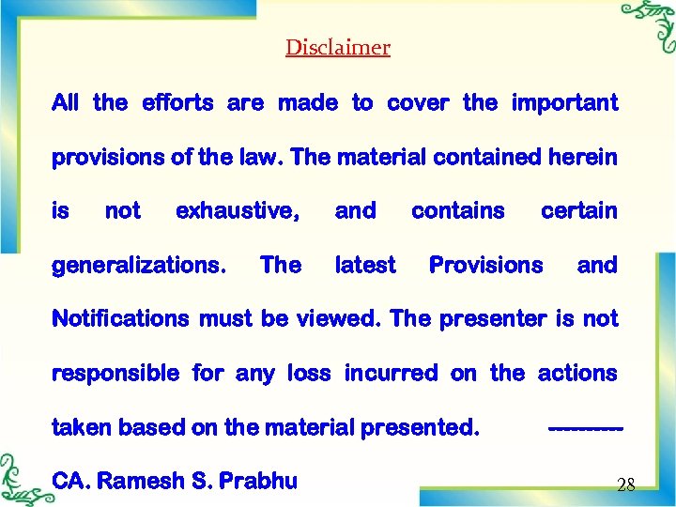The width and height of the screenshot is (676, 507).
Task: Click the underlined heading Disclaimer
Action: pos(338,47)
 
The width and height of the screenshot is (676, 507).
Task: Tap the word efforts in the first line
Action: pos(178,102)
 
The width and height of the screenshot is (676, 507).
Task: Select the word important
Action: pos(564,102)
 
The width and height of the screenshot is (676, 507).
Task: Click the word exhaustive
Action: pos(238,211)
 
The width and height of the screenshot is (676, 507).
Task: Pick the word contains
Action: pos(458,211)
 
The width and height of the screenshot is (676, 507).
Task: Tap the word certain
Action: pos(579,211)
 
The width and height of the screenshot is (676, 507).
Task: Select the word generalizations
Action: pos(139,266)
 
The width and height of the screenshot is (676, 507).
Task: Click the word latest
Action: pos(365,266)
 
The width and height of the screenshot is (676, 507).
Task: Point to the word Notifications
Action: pos(121,319)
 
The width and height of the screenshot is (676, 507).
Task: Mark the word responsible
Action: pos(115,374)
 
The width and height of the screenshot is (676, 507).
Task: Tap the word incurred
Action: pos(391,374)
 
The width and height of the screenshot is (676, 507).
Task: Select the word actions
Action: pos(577,374)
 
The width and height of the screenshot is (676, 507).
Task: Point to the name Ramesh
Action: pos(142,482)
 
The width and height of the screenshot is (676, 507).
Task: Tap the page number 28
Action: pos(626,485)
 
